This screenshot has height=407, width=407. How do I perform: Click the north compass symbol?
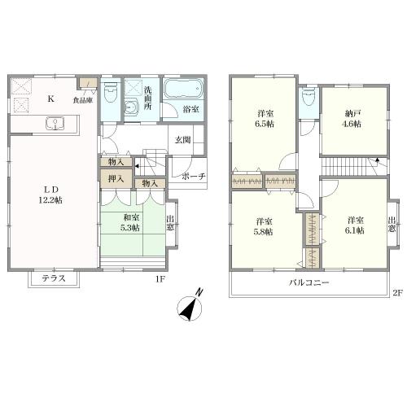pyautogui.click(x=190, y=307)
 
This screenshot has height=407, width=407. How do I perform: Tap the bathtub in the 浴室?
pyautogui.click(x=184, y=88)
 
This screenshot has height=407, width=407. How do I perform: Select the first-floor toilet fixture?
pyautogui.click(x=110, y=92)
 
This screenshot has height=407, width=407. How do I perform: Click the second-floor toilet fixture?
pyautogui.click(x=309, y=98)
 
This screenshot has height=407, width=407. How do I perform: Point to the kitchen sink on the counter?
pyautogui.click(x=55, y=124)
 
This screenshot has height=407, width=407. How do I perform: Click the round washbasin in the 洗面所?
pyautogui.click(x=132, y=107)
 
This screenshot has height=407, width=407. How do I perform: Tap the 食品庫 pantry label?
pyautogui.click(x=83, y=100)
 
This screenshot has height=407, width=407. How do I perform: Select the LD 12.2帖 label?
pyautogui.click(x=50, y=195)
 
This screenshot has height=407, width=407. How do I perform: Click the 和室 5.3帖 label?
pyautogui.click(x=131, y=222)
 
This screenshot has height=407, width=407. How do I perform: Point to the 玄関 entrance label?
pyautogui.click(x=182, y=140)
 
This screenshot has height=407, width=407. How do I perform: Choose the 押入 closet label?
pyautogui.click(x=116, y=179)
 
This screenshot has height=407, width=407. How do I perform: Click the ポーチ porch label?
pyautogui.click(x=193, y=177)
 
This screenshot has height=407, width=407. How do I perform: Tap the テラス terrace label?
pyautogui.click(x=54, y=278)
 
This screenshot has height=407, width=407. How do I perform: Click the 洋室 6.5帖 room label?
pyautogui.click(x=265, y=119)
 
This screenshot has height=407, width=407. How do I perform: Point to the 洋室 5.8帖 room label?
pyautogui.click(x=265, y=227)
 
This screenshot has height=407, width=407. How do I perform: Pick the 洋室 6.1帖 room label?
pyautogui.click(x=355, y=225)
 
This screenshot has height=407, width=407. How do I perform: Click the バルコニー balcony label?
pyautogui.click(x=309, y=282)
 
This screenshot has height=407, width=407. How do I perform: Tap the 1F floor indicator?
pyautogui.click(x=160, y=279)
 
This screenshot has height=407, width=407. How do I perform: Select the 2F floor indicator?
pyautogui.click(x=396, y=293)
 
